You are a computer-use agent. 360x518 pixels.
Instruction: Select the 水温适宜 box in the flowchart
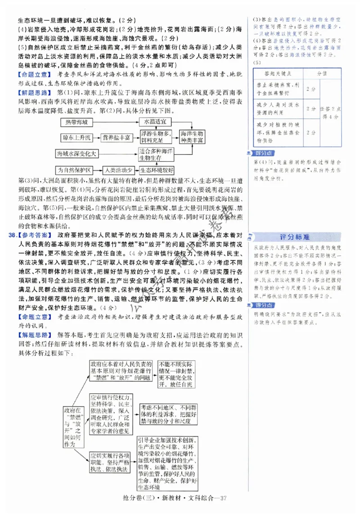pos(155,122)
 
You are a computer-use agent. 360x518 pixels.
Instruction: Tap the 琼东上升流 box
pos(75,136)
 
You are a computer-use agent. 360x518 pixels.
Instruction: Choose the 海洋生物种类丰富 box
pos(192,137)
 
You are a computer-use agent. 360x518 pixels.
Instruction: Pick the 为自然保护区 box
pos(74,170)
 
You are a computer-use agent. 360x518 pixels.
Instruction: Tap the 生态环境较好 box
pos(156,170)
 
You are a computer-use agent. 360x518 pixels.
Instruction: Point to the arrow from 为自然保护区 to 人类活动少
pos(97,170)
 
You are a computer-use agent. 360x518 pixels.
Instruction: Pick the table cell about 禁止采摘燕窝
pos(278,89)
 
